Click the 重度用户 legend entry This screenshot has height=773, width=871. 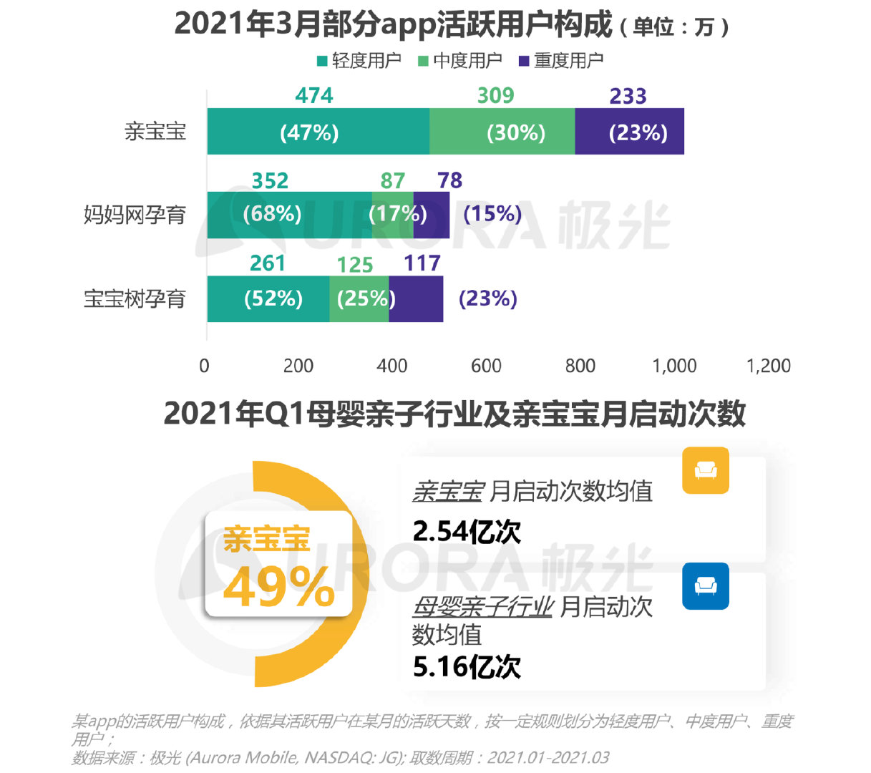(561, 61)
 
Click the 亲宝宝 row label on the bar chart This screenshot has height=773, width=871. (155, 132)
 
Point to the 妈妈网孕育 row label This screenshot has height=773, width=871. (135, 215)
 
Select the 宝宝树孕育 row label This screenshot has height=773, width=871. (135, 298)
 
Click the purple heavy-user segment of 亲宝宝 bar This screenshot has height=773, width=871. (629, 132)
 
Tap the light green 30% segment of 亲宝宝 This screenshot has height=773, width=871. (502, 132)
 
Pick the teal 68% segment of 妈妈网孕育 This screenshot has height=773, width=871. (289, 215)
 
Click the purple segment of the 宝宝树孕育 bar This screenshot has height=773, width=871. (417, 298)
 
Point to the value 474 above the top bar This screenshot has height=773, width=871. (314, 96)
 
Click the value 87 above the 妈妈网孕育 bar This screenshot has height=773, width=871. (392, 180)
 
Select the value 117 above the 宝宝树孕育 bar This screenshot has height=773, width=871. (422, 263)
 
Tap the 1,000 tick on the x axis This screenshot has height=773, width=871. (674, 366)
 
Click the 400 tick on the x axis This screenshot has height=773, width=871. (392, 366)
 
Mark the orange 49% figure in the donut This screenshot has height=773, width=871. (278, 588)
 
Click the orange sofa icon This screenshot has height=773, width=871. (705, 470)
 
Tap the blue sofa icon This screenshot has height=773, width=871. (705, 586)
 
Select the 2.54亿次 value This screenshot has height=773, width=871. (467, 532)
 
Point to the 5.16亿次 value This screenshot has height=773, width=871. (467, 666)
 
